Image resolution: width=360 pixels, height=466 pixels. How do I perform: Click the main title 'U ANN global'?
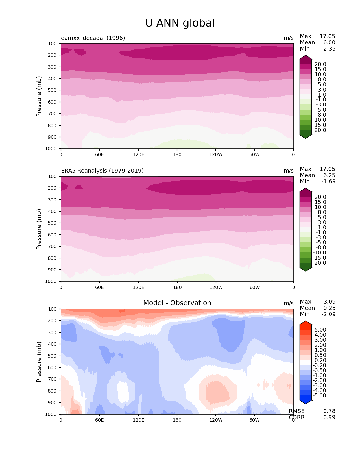[x=180, y=23]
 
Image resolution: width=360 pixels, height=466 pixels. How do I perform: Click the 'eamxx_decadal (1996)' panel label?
[x=93, y=38]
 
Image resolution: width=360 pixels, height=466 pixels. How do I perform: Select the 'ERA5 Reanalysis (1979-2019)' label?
[x=102, y=171]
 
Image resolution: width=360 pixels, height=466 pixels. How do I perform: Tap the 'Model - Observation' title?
[x=177, y=303]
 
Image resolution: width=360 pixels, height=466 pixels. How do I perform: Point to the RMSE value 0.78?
[x=329, y=411]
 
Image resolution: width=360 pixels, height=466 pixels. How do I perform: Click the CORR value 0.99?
[x=329, y=417]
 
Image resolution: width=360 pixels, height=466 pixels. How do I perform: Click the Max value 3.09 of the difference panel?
[x=330, y=302]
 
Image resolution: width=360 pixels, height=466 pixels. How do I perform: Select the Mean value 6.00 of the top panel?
[x=329, y=42]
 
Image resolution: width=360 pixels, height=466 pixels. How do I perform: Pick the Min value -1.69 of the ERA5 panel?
[x=328, y=181]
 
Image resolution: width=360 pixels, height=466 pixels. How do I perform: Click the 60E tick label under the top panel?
[x=99, y=154]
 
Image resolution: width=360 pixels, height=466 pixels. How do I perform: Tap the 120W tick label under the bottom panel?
[x=216, y=420]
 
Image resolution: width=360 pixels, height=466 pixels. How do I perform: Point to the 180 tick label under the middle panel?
[x=177, y=287]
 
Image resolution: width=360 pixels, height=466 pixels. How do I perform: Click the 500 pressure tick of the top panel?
[x=53, y=90]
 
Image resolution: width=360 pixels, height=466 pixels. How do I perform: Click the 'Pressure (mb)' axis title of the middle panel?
[x=39, y=229]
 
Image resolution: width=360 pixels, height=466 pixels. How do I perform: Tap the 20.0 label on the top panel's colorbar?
[x=320, y=64]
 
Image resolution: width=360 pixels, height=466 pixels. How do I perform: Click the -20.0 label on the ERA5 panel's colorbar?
[x=319, y=263]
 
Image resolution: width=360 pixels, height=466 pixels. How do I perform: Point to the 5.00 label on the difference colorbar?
[x=320, y=330]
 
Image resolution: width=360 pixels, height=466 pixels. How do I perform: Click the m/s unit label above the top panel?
[x=289, y=38]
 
